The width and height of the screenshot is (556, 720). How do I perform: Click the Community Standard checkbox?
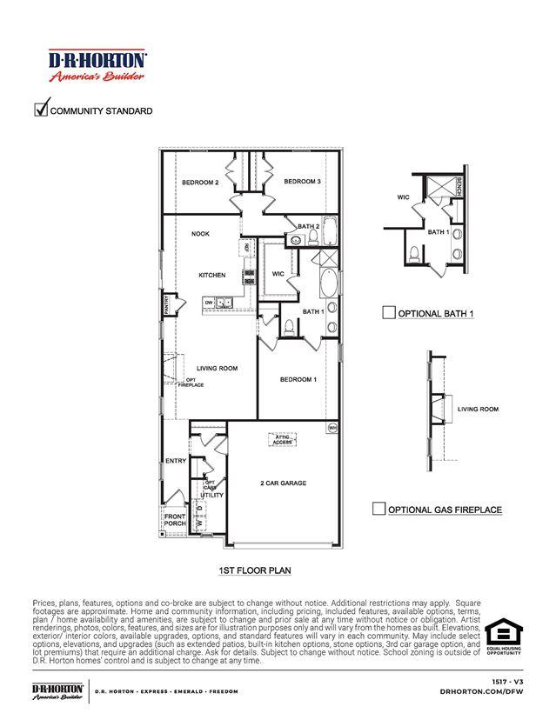[x=40, y=110]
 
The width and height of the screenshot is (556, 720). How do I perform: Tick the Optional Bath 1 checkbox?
[x=389, y=313]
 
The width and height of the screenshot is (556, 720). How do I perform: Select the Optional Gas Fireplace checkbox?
[x=378, y=509]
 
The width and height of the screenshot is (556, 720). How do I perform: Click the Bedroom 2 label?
[x=199, y=183]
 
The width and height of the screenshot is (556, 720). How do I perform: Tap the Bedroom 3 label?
[x=302, y=181]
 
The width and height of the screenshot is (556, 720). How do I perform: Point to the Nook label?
[x=200, y=234]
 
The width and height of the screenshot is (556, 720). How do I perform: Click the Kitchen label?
[x=211, y=275]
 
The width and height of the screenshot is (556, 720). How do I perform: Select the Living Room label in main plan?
[x=217, y=369]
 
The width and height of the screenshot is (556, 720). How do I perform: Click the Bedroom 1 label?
[x=298, y=380]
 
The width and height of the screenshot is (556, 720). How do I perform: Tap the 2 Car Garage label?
[x=283, y=483]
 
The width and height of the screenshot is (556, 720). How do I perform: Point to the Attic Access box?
[x=282, y=440]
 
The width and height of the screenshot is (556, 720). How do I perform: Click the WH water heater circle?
[x=332, y=428]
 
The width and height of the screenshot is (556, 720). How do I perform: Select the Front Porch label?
[x=175, y=520]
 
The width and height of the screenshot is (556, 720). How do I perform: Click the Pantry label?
[x=166, y=305]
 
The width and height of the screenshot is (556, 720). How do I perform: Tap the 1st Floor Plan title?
[x=254, y=571]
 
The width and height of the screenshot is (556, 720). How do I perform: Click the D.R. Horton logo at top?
[x=97, y=63]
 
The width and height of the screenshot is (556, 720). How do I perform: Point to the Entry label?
[x=175, y=461]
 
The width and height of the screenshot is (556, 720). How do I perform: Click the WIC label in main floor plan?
[x=278, y=274]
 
